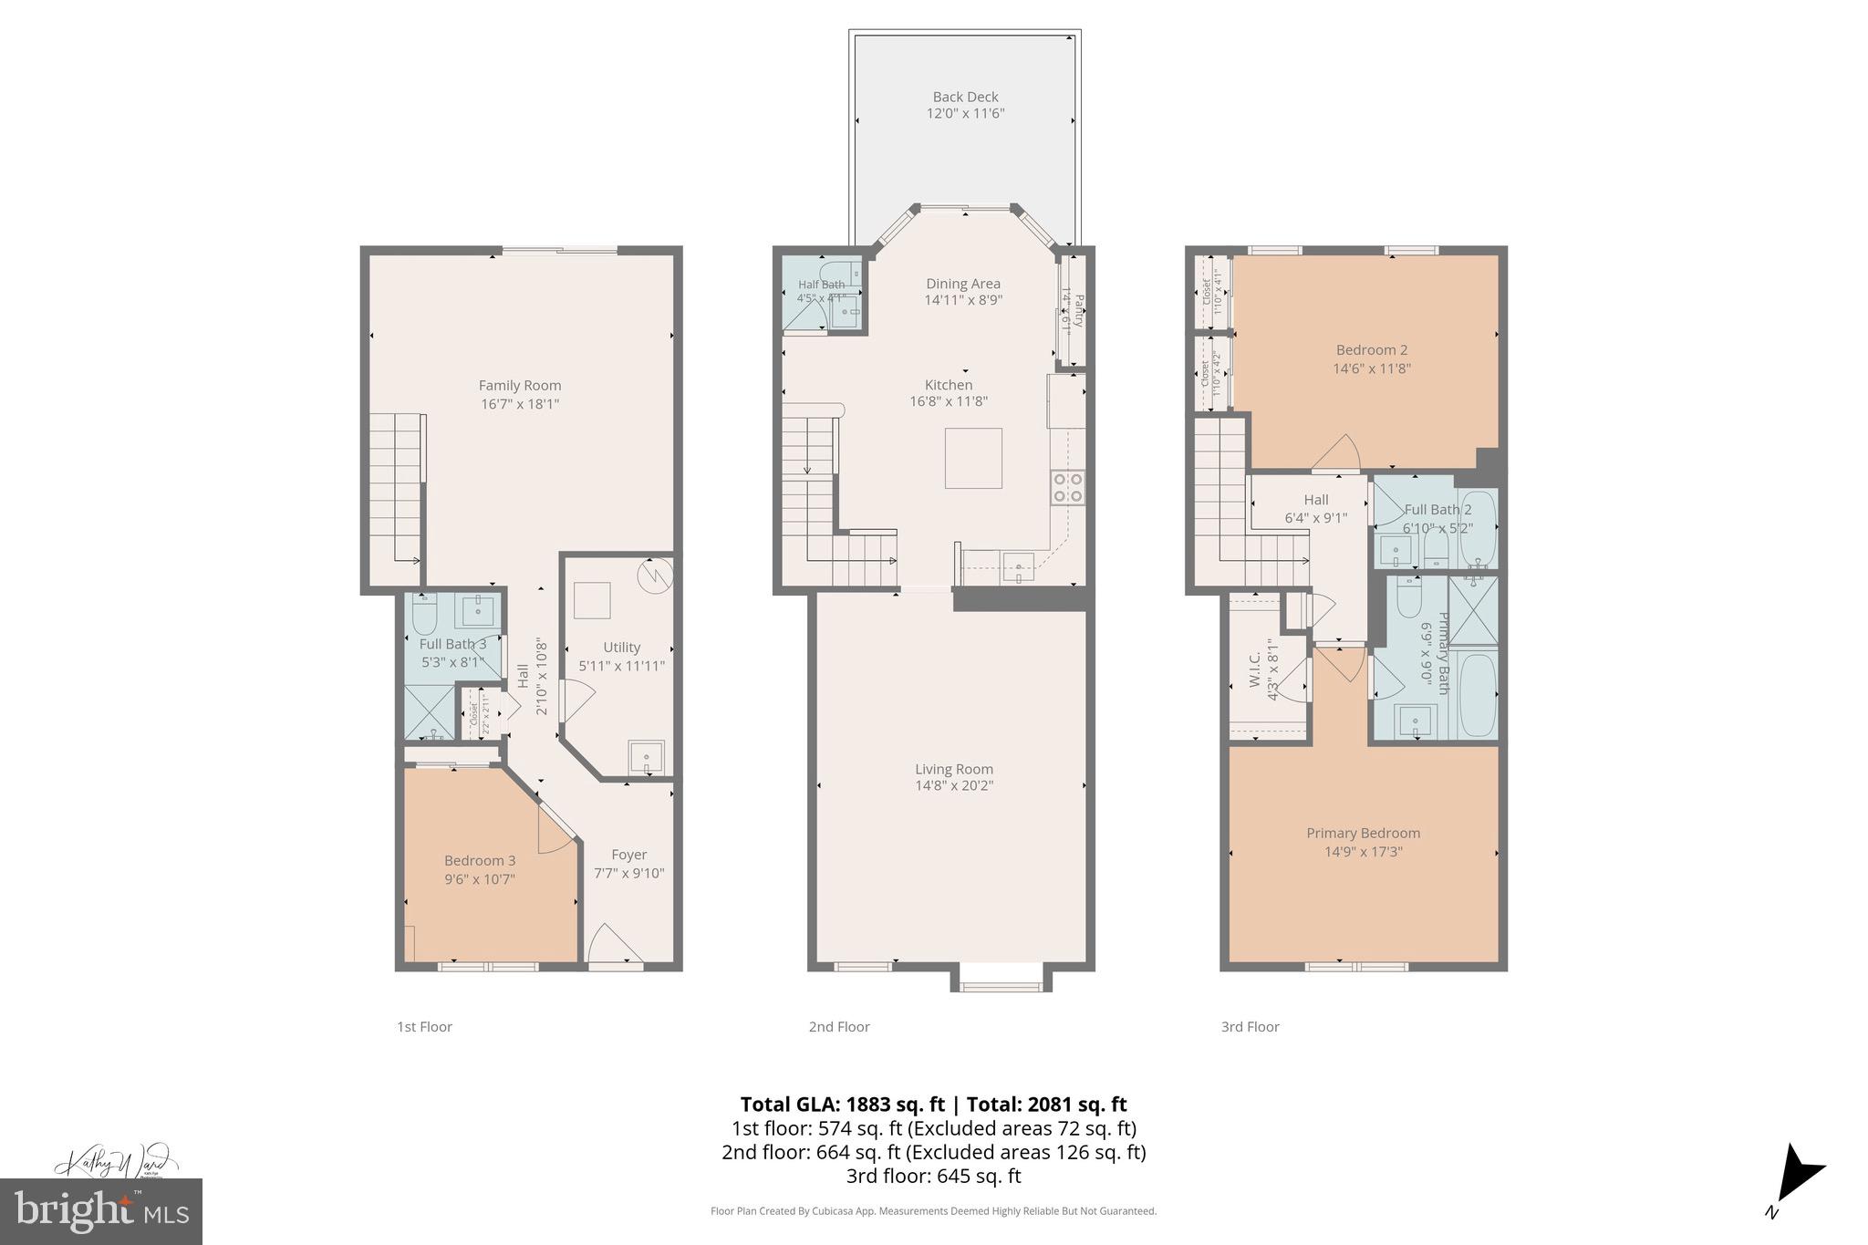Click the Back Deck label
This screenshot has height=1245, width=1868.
point(965,97)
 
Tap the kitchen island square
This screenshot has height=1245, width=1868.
point(973,458)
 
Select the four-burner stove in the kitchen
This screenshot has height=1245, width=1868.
point(1067,487)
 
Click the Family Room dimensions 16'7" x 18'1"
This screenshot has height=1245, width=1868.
point(520,404)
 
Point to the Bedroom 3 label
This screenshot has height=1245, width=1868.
point(480,860)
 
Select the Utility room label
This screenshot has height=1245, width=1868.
point(621,648)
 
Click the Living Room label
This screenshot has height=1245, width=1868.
point(954,769)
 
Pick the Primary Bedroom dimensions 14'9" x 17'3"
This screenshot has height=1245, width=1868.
point(1363,852)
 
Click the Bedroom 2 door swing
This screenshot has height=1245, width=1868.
point(1340,454)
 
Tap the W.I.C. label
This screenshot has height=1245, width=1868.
point(1255,669)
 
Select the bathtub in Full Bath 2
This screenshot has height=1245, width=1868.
point(1477,528)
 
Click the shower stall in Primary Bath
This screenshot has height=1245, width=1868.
point(1472,610)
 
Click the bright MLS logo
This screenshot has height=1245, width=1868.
point(101,1211)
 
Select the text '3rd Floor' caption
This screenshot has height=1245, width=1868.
point(1250,1027)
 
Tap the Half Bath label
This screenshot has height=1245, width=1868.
point(821,285)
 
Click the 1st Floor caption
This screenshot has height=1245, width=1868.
point(424,1027)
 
